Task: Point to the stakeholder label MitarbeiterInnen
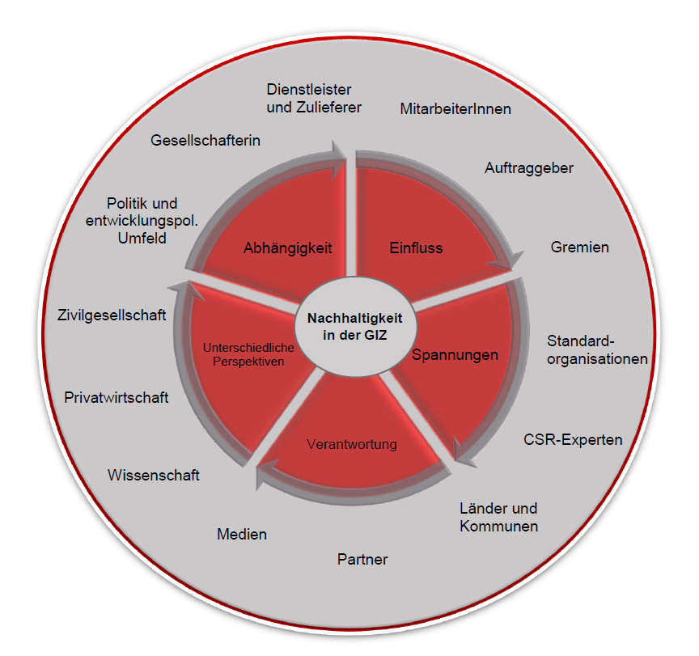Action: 455,108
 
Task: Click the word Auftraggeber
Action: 529,168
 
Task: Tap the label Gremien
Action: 579,247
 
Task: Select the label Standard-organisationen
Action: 597,349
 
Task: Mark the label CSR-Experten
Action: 573,440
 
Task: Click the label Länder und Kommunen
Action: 498,518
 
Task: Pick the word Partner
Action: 362,559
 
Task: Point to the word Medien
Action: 242,535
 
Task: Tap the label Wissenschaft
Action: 154,476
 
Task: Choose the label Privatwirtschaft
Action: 116,397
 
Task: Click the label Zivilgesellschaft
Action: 112,315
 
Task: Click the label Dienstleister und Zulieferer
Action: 314,98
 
